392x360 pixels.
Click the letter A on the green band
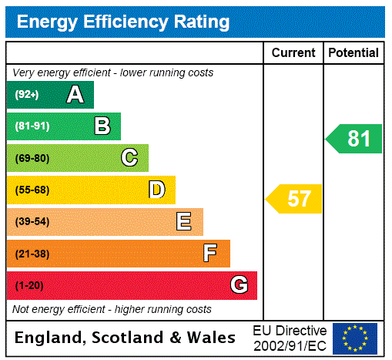click(x=75, y=95)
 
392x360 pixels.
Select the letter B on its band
click(x=102, y=126)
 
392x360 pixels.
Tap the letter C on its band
click(x=129, y=158)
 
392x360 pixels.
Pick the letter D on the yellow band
click(x=157, y=190)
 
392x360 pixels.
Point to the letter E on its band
click(x=184, y=222)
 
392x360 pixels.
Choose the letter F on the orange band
click(x=210, y=254)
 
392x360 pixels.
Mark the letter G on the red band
click(x=240, y=285)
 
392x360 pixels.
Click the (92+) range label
click(x=26, y=95)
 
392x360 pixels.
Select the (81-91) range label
click(x=32, y=126)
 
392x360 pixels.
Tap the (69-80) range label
click(x=32, y=158)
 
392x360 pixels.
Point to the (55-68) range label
click(x=32, y=190)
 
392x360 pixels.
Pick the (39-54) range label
click(x=32, y=222)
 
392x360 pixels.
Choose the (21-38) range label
click(x=32, y=254)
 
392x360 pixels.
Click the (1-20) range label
click(x=29, y=286)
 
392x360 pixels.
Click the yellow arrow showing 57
click(x=295, y=199)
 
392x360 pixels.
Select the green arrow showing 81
click(x=355, y=139)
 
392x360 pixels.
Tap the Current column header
click(x=293, y=53)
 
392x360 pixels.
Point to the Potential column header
click(x=353, y=53)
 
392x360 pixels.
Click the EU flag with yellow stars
click(x=355, y=338)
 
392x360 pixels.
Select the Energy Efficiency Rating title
click(x=123, y=22)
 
